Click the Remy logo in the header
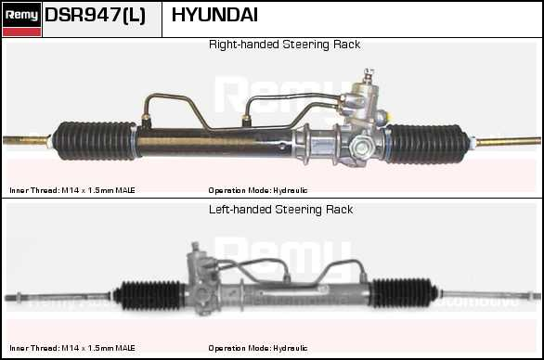(22, 19)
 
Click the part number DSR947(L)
(95, 16)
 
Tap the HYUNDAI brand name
(214, 15)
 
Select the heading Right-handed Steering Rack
(284, 45)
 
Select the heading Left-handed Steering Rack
(280, 210)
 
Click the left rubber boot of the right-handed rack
(95, 141)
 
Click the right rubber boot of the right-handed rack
(427, 144)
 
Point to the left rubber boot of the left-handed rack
(149, 295)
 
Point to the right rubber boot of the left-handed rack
(404, 293)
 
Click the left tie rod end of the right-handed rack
(26, 140)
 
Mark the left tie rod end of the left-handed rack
(58, 297)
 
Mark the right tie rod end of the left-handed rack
(490, 295)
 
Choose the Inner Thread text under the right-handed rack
(72, 190)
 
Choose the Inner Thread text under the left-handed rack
(72, 348)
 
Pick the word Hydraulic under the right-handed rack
(291, 190)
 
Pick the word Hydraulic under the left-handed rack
(291, 348)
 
